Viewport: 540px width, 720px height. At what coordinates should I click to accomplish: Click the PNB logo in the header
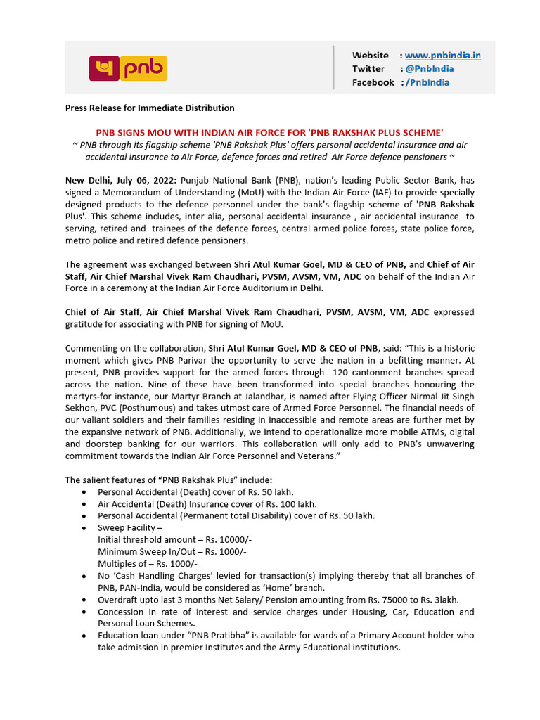coord(127,68)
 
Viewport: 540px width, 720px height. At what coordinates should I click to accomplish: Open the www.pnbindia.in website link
coord(442,55)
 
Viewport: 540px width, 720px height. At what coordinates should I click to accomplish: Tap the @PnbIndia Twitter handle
coord(429,68)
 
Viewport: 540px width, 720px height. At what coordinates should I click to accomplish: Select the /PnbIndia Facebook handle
coord(427,82)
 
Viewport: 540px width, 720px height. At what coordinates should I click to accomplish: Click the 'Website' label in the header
coord(370,55)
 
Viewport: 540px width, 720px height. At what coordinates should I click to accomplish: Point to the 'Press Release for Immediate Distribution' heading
coord(150,108)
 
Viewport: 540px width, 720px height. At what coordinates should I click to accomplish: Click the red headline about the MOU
coord(269,132)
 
